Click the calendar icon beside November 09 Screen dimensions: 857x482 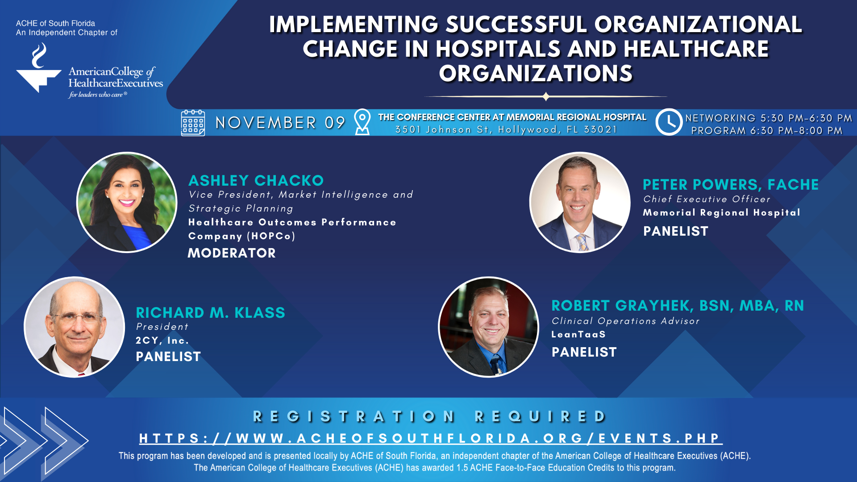click(193, 123)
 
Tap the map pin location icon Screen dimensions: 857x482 click(362, 122)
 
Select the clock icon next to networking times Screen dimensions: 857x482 click(669, 122)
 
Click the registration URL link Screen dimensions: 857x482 click(431, 439)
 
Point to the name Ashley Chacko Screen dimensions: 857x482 click(256, 180)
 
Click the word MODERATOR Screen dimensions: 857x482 click(232, 253)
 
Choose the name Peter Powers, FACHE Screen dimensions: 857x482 click(731, 184)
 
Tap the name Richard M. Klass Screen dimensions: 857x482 click(210, 312)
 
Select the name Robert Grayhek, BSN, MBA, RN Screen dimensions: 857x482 click(678, 306)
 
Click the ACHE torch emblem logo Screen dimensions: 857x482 click(39, 68)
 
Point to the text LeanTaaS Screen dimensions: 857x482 click(578, 334)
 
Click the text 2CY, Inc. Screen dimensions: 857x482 click(162, 341)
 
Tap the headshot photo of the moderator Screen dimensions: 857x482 click(127, 202)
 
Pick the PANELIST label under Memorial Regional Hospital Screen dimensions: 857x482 click(675, 231)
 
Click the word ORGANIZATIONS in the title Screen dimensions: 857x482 click(536, 74)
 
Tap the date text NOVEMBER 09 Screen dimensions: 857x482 click(280, 123)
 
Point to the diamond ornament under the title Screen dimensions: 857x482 click(545, 96)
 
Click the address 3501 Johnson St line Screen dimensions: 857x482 click(506, 129)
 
